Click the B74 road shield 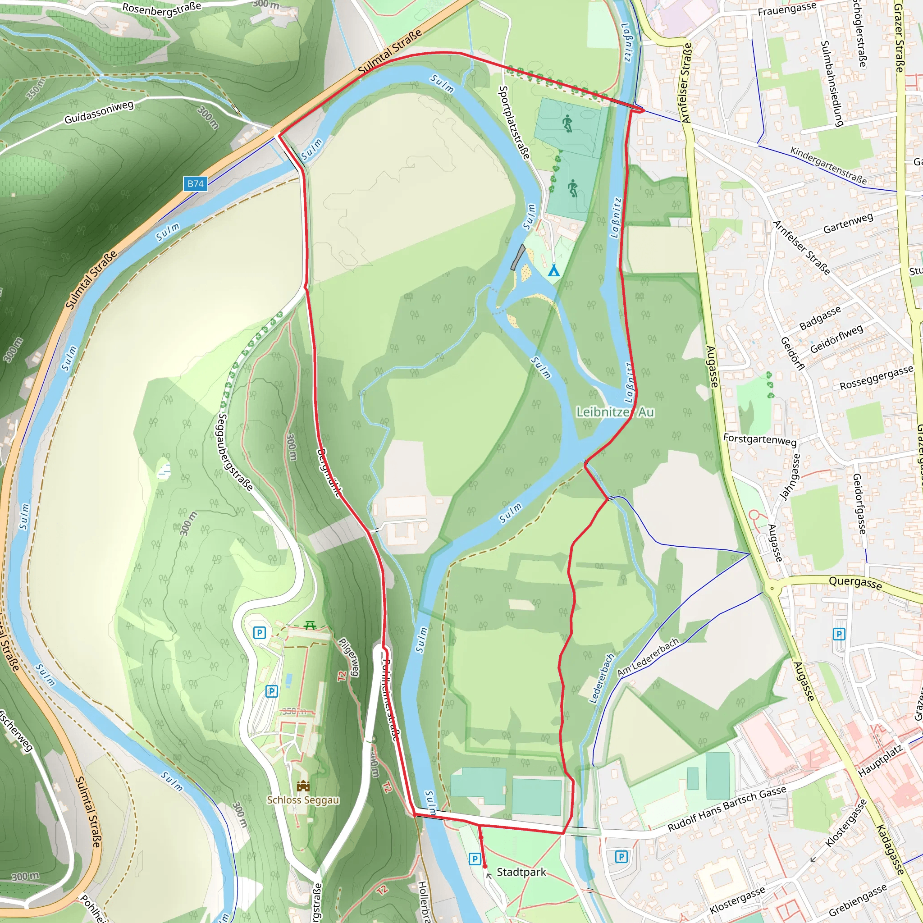[x=196, y=183]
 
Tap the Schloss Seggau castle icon [x=303, y=786]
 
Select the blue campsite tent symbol [x=553, y=270]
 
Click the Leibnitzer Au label [x=615, y=412]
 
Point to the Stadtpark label [x=521, y=873]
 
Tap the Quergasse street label [x=855, y=582]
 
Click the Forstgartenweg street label [x=759, y=439]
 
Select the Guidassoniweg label [x=99, y=112]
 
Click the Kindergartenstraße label [x=828, y=165]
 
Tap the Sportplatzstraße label [x=514, y=122]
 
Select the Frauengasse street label [x=787, y=9]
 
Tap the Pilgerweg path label [x=349, y=656]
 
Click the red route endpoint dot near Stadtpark [x=485, y=866]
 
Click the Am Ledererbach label [x=648, y=658]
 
